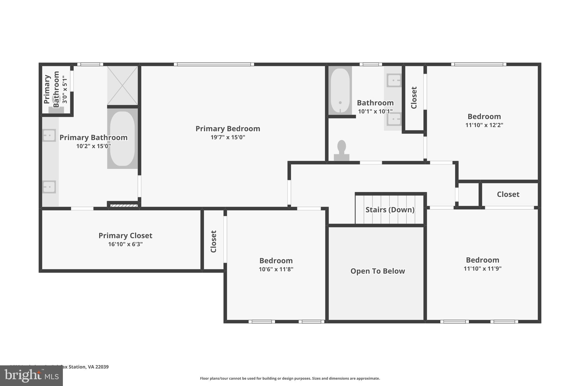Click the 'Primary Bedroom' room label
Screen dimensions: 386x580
click(x=228, y=129)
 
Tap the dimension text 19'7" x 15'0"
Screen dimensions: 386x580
click(x=228, y=137)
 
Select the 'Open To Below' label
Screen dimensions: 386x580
click(x=378, y=271)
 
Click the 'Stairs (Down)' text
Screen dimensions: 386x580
click(x=390, y=210)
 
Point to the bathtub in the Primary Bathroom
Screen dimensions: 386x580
click(x=122, y=139)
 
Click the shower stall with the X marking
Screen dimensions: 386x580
click(x=122, y=85)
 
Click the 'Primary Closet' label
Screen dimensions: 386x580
click(x=125, y=236)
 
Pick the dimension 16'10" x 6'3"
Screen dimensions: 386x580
click(x=125, y=244)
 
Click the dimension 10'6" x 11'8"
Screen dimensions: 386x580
click(x=276, y=269)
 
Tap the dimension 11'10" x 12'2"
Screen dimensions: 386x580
click(x=484, y=125)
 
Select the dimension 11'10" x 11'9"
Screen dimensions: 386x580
click(x=482, y=269)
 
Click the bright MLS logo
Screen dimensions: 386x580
click(x=31, y=376)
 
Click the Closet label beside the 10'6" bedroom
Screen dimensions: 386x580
click(x=214, y=241)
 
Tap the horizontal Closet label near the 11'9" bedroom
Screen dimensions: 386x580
click(x=508, y=194)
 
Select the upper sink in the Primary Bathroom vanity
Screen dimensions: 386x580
click(x=49, y=135)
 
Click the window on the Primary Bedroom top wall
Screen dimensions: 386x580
click(x=214, y=64)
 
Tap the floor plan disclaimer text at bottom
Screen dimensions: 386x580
click(x=290, y=378)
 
